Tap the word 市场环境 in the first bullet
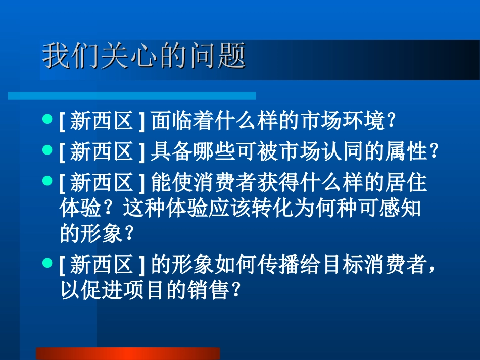[x=344, y=122]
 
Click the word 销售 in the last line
[x=212, y=290]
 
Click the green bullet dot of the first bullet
[x=47, y=120]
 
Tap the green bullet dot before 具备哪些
[x=47, y=149]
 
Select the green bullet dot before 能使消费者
[x=47, y=179]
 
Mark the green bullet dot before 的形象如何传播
[x=47, y=263]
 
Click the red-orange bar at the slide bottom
[x=128, y=353]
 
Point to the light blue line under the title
[x=131, y=95]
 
